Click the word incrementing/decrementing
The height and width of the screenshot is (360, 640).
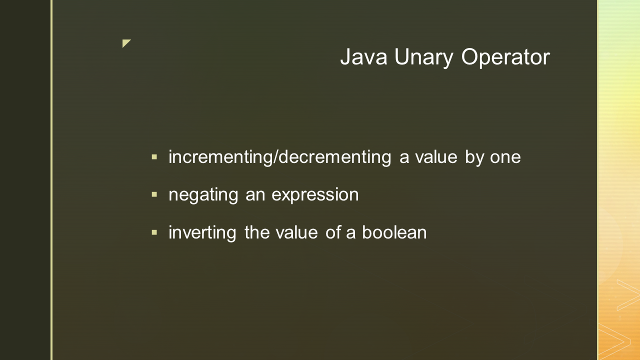[x=280, y=157]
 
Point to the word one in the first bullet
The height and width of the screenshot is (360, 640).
[x=505, y=157]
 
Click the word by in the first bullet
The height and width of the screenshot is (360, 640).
[x=474, y=157]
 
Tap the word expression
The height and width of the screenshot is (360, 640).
[x=315, y=195]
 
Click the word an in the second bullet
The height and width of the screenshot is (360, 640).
[x=255, y=195]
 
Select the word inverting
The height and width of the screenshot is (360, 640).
[x=202, y=233]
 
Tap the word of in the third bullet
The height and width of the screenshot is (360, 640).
[x=333, y=232]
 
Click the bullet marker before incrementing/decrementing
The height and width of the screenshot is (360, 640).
[x=154, y=157]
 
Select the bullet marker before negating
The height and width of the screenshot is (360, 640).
[x=154, y=194]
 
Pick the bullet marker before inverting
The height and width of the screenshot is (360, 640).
[x=154, y=232]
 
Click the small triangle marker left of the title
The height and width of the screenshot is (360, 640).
[x=126, y=43]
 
